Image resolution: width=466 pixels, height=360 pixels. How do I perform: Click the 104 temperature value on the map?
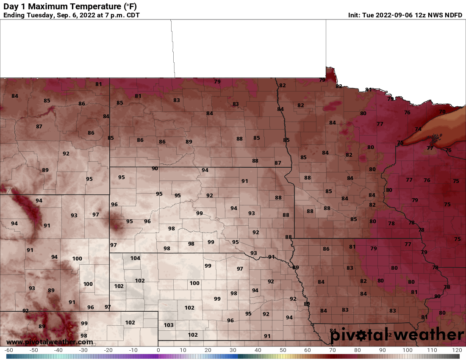tap(135, 258)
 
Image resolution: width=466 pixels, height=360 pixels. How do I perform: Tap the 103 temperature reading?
tap(169, 325)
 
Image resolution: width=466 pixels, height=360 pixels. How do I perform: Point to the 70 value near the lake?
tap(442, 112)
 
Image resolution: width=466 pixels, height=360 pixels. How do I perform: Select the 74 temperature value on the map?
tap(418, 129)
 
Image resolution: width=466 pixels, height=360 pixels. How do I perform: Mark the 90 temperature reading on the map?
tap(155, 169)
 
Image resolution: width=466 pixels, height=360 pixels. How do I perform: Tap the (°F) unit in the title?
tap(130, 6)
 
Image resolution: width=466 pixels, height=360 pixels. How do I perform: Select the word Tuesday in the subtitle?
tap(39, 15)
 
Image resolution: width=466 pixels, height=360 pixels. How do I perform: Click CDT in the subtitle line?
tap(131, 15)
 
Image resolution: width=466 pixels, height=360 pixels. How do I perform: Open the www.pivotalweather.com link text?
tap(50, 342)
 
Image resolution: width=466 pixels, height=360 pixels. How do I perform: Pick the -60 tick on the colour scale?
tap(8, 350)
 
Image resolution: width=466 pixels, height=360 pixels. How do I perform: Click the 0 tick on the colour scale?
tap(158, 350)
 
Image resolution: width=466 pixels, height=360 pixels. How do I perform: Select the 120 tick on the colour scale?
tap(457, 350)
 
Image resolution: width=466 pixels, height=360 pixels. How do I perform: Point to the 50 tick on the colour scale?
tap(283, 350)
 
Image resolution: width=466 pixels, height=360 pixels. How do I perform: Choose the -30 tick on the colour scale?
tap(83, 350)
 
